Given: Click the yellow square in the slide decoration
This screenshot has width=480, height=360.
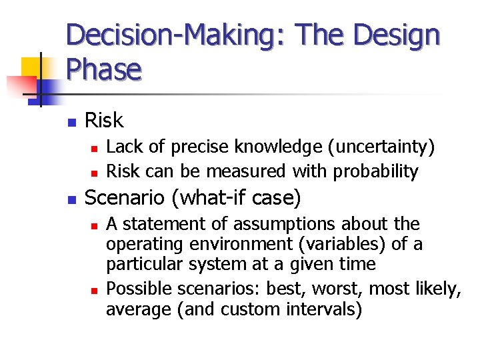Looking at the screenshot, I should (32, 67).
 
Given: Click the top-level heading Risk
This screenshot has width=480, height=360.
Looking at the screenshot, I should (105, 121).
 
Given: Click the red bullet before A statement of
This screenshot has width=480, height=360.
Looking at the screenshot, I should (94, 225).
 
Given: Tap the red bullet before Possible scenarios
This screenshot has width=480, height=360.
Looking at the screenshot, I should (94, 290).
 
